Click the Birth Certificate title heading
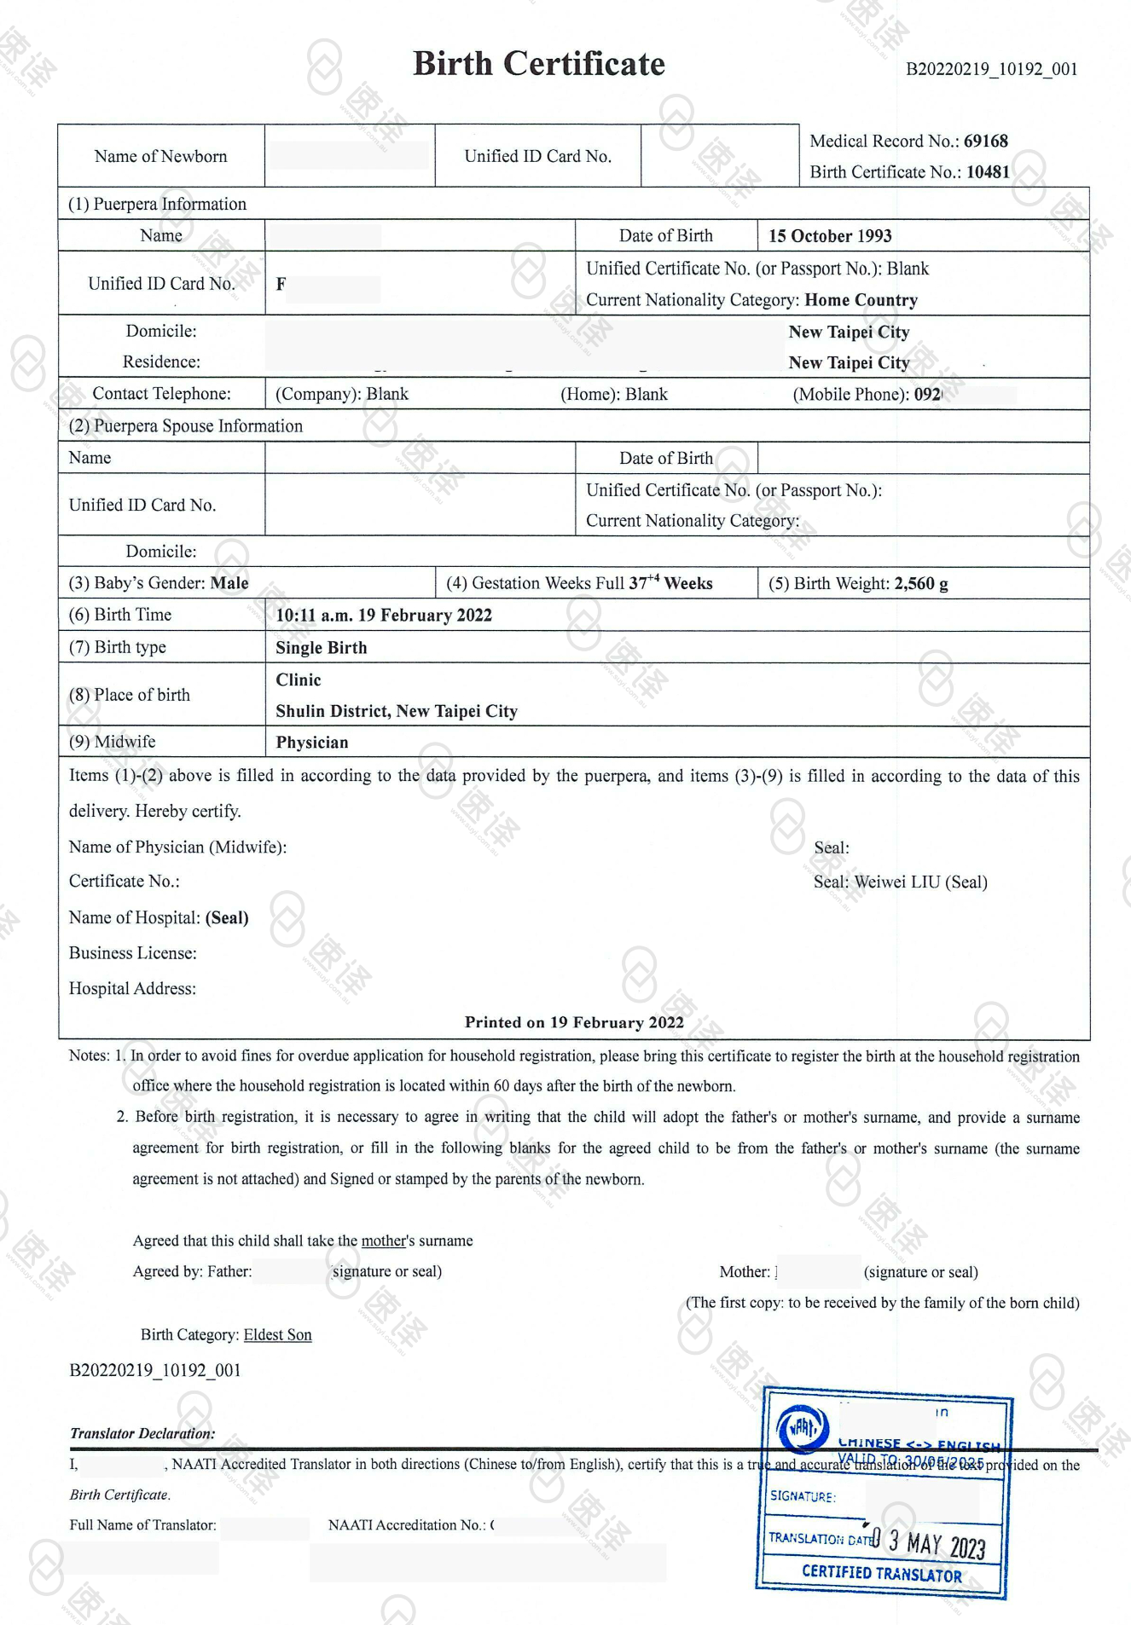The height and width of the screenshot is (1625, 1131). (x=538, y=64)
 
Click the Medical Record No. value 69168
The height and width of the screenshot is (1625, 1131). (x=985, y=141)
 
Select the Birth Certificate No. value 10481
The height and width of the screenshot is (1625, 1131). (x=988, y=171)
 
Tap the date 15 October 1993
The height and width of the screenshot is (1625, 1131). (x=830, y=236)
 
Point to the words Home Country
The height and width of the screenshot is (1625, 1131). (x=861, y=300)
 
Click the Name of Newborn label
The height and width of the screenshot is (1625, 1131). (x=160, y=156)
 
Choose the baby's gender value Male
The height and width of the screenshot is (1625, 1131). (x=229, y=583)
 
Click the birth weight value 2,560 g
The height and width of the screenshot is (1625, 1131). (x=920, y=583)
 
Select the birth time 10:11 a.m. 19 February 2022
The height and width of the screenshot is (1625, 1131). (x=384, y=615)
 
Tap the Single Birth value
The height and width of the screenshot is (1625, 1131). (x=322, y=647)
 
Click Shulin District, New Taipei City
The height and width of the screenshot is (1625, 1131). (x=397, y=711)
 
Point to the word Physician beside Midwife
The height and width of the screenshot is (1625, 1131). (x=312, y=742)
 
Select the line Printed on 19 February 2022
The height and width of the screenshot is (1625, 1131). (x=574, y=1022)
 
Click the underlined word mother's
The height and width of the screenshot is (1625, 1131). (x=384, y=1240)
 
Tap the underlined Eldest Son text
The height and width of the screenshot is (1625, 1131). (x=277, y=1334)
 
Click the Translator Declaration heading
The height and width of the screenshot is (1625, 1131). (x=142, y=1433)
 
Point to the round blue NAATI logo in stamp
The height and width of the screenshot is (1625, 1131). (x=802, y=1427)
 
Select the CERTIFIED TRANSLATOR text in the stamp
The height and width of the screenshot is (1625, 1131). (x=881, y=1574)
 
